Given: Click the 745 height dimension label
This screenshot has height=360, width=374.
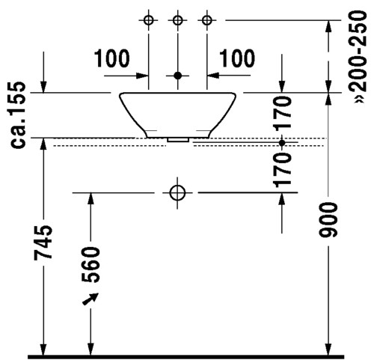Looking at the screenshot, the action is pos(43,242).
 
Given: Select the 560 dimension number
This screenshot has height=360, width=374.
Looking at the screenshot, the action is pos(91,264).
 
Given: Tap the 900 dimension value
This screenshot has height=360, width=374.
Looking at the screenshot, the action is pos(328,219).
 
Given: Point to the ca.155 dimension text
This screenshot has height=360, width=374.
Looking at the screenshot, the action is pos(18,115).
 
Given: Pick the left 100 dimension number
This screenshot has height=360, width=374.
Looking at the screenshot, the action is pos(112,58).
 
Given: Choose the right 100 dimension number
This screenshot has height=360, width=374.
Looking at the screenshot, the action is pos(237,58).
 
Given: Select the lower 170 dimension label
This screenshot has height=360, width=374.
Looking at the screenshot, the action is pos(282,171).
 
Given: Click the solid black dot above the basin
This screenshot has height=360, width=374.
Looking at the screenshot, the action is pos(177,76).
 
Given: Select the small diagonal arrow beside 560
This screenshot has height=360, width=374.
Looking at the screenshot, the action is pos(90,299).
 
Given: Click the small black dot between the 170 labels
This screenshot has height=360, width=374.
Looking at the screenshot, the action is pos(282,143).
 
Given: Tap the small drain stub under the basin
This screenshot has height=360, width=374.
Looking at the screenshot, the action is pos(178,140).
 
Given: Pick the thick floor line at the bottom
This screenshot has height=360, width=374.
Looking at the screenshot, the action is pos(186,357).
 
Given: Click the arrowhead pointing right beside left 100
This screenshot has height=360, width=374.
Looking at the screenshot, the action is pos(142,76).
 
